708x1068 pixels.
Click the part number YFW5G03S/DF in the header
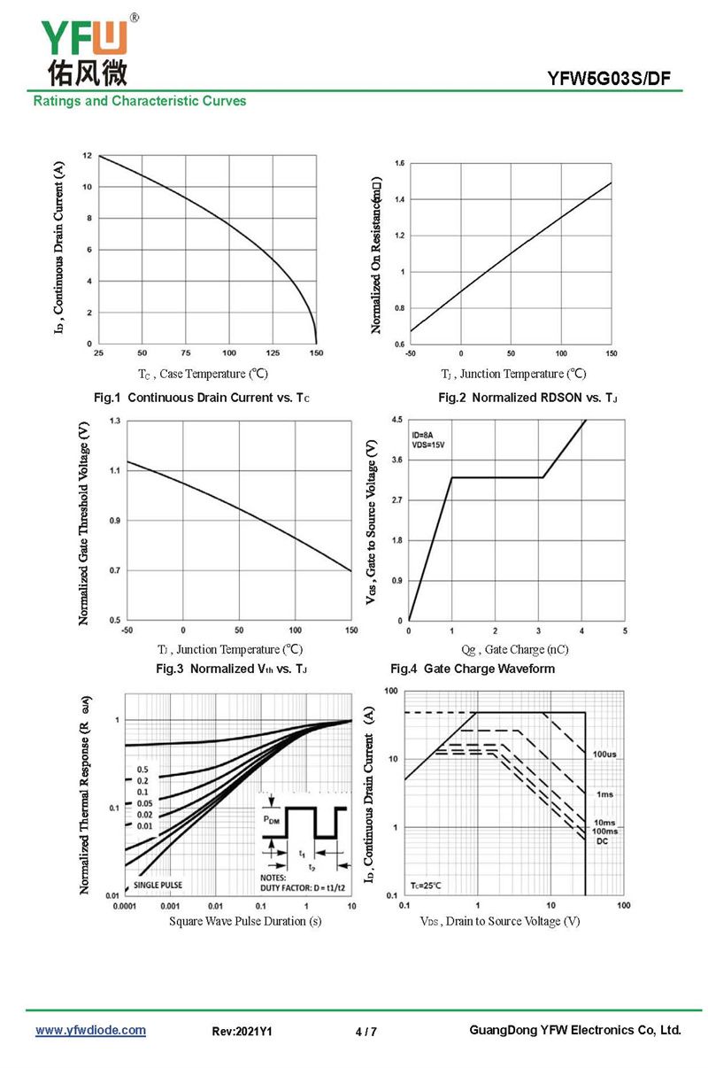pyautogui.click(x=609, y=81)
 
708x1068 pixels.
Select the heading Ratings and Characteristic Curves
pyautogui.click(x=140, y=101)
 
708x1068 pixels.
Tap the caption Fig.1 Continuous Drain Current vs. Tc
pyautogui.click(x=202, y=398)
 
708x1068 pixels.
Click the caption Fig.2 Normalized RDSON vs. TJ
pyautogui.click(x=527, y=398)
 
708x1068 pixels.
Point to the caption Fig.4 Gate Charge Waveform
pyautogui.click(x=473, y=669)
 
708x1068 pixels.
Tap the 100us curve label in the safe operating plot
pyautogui.click(x=605, y=754)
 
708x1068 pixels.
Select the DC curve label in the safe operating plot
pyautogui.click(x=602, y=840)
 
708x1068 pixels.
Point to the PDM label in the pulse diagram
pyautogui.click(x=274, y=820)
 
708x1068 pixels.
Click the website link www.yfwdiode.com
pyautogui.click(x=90, y=1031)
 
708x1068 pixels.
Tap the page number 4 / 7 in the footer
pyautogui.click(x=366, y=1032)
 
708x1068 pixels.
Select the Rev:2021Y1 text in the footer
pyautogui.click(x=242, y=1032)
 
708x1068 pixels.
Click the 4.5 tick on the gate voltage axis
pyautogui.click(x=396, y=420)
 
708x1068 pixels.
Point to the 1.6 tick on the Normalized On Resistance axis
pyautogui.click(x=400, y=164)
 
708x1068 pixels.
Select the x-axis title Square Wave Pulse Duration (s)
pyautogui.click(x=245, y=922)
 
